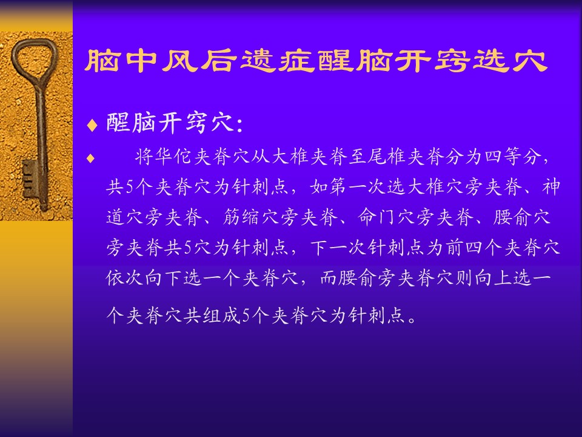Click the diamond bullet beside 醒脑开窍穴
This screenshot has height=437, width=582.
(x=92, y=125)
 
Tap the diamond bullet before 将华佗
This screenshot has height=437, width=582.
(x=90, y=158)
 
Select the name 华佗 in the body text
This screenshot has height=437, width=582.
(x=173, y=157)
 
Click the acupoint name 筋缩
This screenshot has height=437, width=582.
(x=242, y=217)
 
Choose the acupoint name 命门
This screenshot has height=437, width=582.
(x=378, y=217)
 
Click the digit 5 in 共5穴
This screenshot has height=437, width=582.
(x=187, y=248)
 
